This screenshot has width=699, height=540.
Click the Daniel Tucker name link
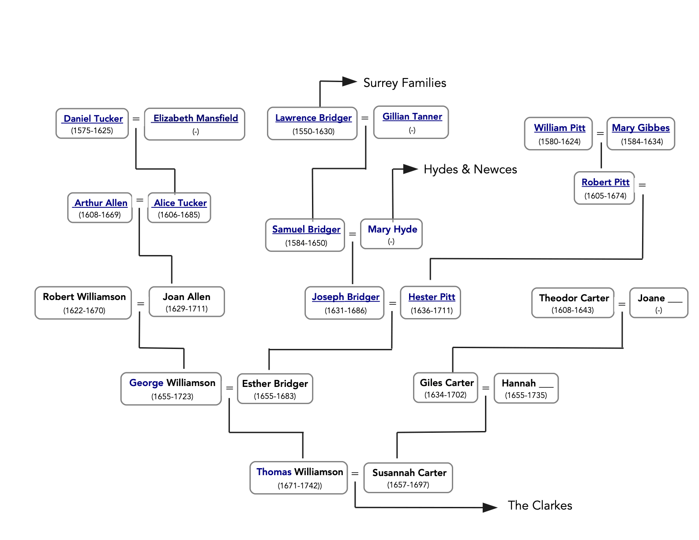tap(93, 119)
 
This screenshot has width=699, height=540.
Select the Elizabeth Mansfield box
tap(195, 124)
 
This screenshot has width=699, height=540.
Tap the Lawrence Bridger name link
tap(313, 118)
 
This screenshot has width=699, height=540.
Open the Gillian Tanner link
tap(412, 116)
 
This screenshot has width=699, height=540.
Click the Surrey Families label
tap(405, 83)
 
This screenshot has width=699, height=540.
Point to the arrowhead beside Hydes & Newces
tap(410, 169)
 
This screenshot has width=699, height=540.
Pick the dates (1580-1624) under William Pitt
tap(559, 142)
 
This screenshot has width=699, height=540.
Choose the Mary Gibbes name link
tap(641, 128)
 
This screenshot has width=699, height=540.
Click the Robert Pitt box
tap(605, 188)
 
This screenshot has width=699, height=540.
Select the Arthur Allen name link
tap(101, 203)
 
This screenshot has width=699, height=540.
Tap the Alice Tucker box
tap(179, 208)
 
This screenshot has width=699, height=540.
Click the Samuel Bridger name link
tap(306, 229)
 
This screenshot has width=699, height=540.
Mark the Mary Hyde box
tap(391, 234)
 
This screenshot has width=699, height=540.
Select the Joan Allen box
tap(187, 302)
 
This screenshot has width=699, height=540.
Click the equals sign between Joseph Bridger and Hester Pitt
tap(392, 304)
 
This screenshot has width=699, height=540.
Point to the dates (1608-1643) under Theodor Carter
tap(572, 310)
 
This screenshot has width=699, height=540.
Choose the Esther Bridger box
tap(275, 389)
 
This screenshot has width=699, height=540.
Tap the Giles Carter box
tap(446, 388)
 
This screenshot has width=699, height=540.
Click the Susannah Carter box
tap(408, 478)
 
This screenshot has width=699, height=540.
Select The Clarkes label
tap(540, 506)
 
